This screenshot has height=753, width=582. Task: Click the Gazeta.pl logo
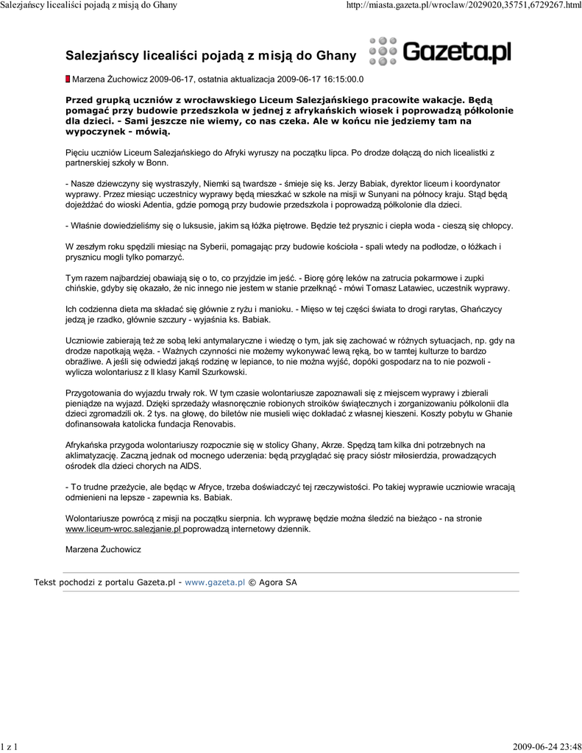(440, 52)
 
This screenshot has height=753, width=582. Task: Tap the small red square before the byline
(68, 79)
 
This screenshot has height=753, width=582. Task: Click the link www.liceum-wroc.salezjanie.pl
(124, 529)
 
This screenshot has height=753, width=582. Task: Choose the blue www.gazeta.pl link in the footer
(214, 582)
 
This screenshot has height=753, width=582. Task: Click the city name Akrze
(334, 445)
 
